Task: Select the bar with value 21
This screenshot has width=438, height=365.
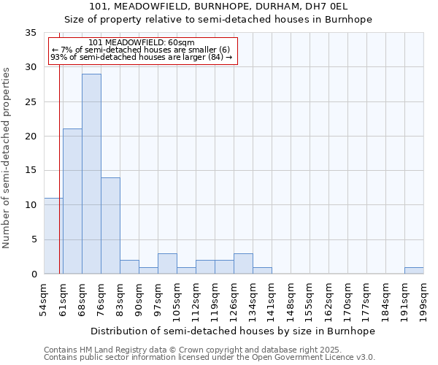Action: tap(72, 201)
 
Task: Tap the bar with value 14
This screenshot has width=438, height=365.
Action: tap(110, 226)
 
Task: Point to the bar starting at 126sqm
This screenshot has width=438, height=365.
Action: tap(243, 264)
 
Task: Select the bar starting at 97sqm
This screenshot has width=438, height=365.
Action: tap(167, 264)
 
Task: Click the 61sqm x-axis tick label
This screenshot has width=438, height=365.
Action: tap(63, 299)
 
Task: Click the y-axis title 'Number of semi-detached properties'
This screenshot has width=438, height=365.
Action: tap(7, 158)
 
